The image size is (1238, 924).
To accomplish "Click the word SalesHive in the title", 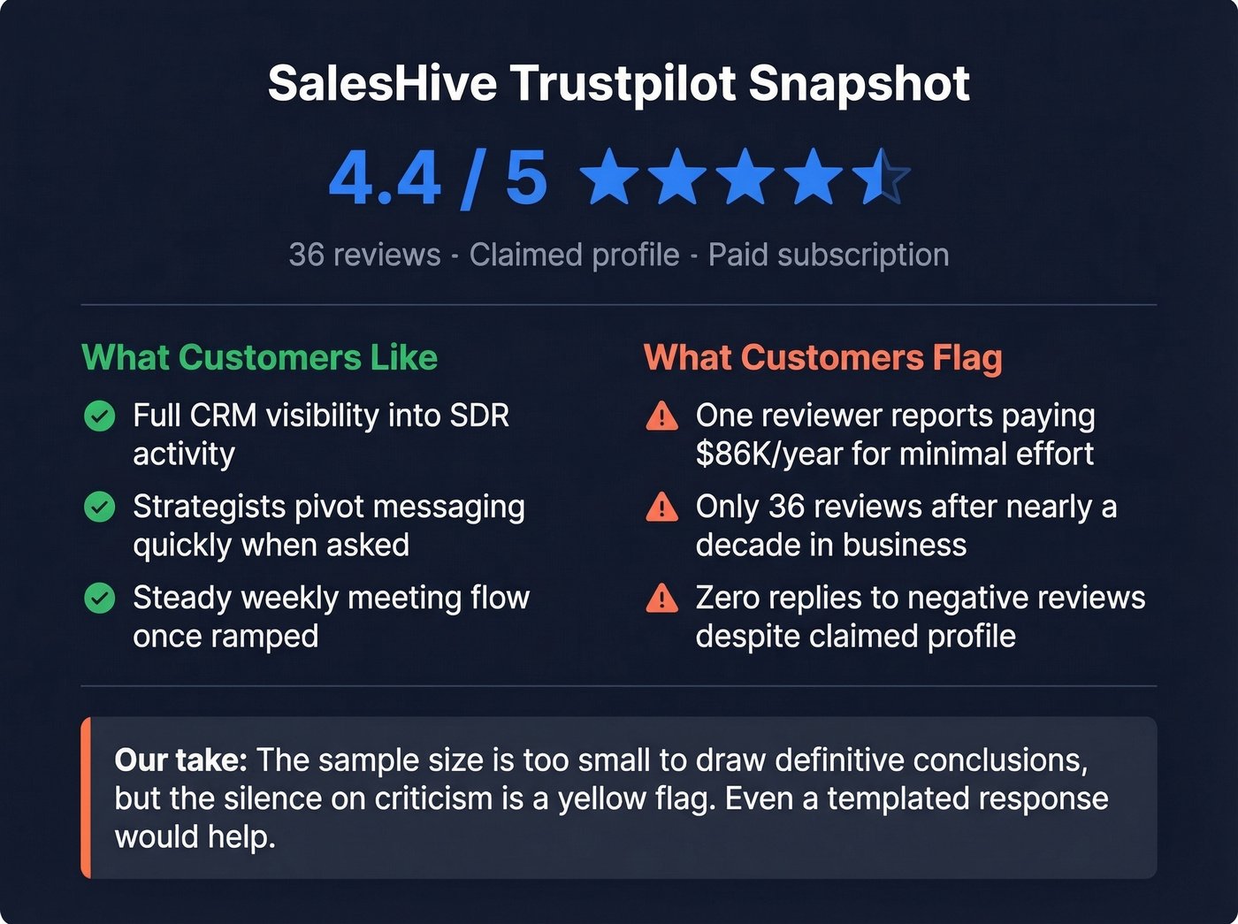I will pos(382,84).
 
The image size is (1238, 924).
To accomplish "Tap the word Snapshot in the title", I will pos(859,84).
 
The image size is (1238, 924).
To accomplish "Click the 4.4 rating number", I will pos(385,179).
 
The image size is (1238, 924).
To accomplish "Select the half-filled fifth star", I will pos(881,177).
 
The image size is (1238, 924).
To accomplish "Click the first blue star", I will pos(609,177).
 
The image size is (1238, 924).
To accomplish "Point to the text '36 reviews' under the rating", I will pos(364,255).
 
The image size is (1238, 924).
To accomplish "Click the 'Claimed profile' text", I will pos(574,255).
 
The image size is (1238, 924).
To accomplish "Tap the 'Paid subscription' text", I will pos(829,255).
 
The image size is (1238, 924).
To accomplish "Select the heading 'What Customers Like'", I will pos(259,358).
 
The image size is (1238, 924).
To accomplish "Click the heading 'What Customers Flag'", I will pos(822,358).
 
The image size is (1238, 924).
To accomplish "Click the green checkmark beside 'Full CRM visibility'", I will pos(100,416).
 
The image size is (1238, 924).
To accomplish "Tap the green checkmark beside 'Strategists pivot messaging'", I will pos(100,507).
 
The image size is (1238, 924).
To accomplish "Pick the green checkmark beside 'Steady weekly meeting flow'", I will pos(100,599).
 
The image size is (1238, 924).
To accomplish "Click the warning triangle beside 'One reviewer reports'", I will pos(662,416).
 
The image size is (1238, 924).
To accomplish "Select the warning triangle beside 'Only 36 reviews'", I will pos(662,508).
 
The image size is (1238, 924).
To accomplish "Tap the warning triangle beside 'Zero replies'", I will pos(662,599).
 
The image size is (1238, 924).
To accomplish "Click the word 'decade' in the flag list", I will pos(746,546).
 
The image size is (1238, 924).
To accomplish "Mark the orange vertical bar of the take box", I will pos(86,798).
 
